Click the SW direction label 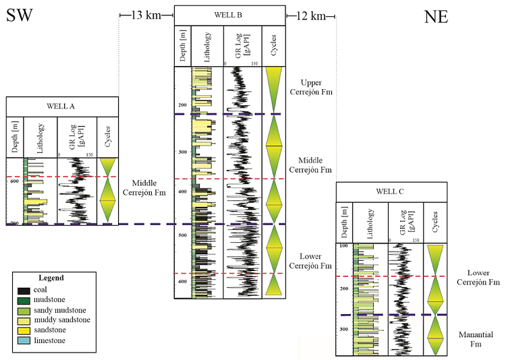tap(21, 16)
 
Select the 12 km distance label tap(311, 14)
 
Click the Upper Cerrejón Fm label tap(310, 87)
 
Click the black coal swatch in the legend tap(24, 290)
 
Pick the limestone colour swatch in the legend tap(24, 342)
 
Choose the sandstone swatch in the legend tap(24, 331)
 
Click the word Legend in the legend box tap(51, 278)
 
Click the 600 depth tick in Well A tap(15, 181)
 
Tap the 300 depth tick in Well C tap(343, 329)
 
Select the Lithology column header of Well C tap(370, 221)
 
